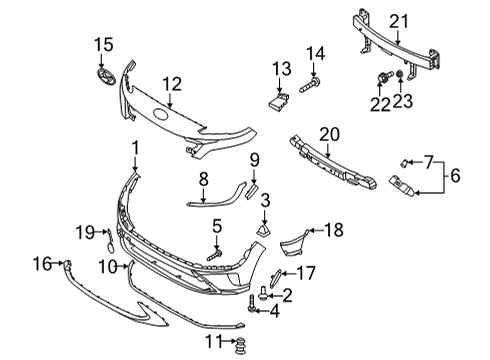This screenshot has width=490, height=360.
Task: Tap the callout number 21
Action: [x=400, y=20]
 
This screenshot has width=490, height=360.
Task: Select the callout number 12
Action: [x=172, y=86]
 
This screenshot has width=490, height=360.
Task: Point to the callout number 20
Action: [x=330, y=134]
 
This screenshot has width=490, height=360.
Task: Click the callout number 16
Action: [x=41, y=264]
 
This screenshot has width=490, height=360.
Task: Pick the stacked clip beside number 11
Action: [x=240, y=347]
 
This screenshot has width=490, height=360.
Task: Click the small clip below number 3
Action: [x=264, y=232]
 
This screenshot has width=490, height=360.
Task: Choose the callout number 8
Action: [x=203, y=179]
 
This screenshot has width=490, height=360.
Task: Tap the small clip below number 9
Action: [x=253, y=189]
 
